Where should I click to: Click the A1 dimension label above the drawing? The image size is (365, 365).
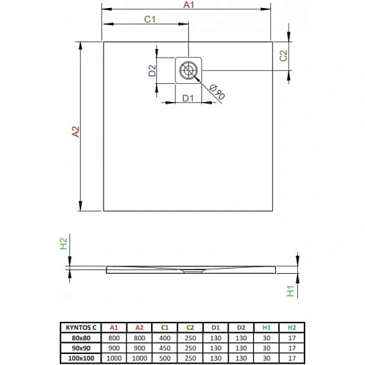(188, 6)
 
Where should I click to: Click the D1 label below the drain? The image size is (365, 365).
(188, 96)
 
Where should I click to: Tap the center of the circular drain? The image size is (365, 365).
(188, 71)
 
